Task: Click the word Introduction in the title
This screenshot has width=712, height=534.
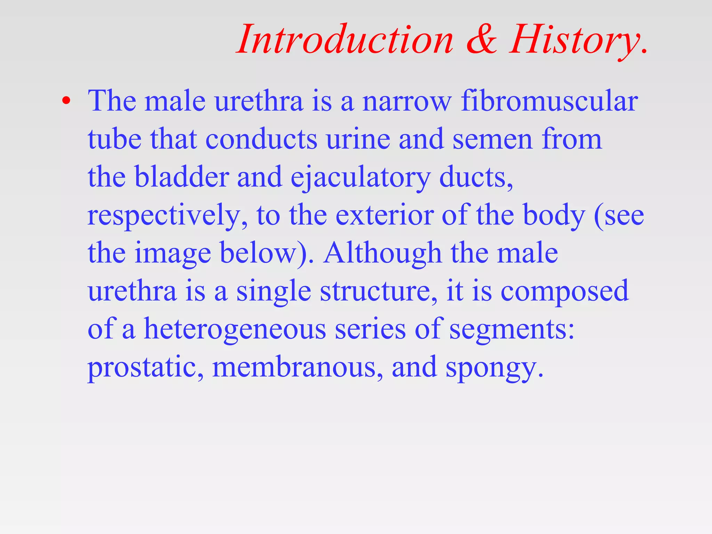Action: point(346,40)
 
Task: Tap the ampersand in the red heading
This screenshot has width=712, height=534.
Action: point(482,40)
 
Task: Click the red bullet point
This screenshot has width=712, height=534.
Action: point(66,101)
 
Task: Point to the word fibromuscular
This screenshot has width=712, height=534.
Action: point(549,101)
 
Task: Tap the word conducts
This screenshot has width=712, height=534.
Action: point(261,139)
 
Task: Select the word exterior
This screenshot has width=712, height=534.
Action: point(385,216)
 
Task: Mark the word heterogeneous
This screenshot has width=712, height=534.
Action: point(235,330)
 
